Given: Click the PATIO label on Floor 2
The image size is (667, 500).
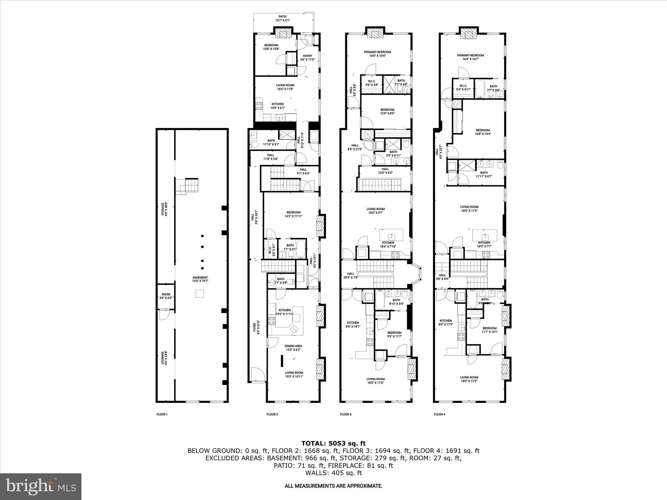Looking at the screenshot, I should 282,18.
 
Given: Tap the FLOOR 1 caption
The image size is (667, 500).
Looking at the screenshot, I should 162,414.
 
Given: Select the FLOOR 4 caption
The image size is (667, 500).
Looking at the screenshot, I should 439,414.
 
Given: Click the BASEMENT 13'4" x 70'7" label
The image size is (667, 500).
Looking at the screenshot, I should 200,279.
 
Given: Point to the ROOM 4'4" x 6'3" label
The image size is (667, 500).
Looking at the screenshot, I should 166,296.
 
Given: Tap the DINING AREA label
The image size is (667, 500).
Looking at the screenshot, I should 293,348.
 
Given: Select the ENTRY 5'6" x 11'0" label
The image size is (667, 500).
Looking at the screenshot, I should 307,58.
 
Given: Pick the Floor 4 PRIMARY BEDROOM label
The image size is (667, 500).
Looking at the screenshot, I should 470,57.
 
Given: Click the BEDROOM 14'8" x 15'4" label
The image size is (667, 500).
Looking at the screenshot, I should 482,132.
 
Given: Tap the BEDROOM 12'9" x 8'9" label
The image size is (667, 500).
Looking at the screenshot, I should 387,111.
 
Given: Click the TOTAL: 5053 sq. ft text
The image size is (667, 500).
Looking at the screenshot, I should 333,443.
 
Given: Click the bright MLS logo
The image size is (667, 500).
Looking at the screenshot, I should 41,486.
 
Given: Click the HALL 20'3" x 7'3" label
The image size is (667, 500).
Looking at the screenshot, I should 350,275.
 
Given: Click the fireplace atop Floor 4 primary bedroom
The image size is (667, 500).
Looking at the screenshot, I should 468,34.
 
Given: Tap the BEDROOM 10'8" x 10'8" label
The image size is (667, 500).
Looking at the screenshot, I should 271,47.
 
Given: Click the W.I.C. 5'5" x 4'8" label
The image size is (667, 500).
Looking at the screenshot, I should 372,83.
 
